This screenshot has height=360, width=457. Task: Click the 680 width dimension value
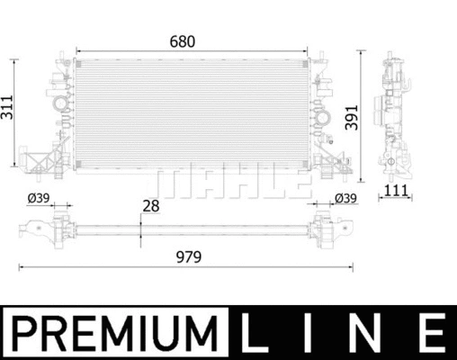coord(183,41)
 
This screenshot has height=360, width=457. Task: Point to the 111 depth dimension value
coord(395,189)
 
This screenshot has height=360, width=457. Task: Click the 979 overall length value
coord(186,256)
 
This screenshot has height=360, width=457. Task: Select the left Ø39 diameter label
coord(39,199)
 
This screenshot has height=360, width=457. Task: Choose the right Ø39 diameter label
coord(345,199)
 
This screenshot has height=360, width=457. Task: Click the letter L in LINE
coord(257,332)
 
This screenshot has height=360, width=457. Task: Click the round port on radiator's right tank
coord(318,112)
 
